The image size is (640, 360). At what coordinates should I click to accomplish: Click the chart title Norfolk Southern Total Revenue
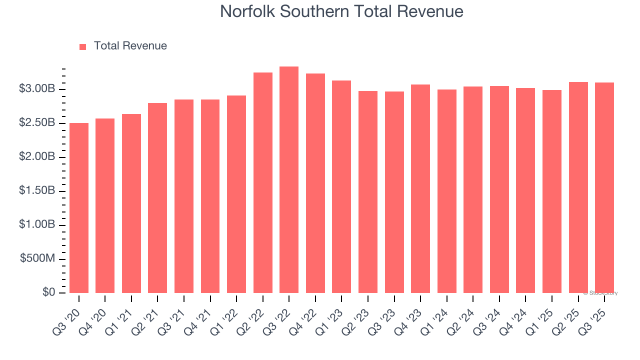(341, 11)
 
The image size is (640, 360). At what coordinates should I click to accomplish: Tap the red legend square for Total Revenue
(83, 46)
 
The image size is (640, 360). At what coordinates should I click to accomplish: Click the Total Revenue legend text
(130, 46)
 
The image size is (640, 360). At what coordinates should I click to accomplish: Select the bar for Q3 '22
(289, 180)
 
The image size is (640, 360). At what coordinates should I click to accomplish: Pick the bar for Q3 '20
(79, 208)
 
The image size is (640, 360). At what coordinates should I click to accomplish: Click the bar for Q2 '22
(263, 183)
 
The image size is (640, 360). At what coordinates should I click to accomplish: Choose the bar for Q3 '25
(604, 188)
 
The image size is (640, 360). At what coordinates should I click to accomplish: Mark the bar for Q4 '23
(420, 189)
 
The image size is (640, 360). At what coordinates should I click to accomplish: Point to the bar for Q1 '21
(131, 203)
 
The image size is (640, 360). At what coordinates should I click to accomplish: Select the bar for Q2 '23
(368, 192)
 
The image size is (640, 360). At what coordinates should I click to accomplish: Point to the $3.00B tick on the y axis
(37, 89)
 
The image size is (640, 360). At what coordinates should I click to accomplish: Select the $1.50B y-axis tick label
(37, 191)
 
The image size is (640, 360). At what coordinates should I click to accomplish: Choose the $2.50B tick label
(37, 123)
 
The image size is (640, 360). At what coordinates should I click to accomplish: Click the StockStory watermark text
(600, 293)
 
